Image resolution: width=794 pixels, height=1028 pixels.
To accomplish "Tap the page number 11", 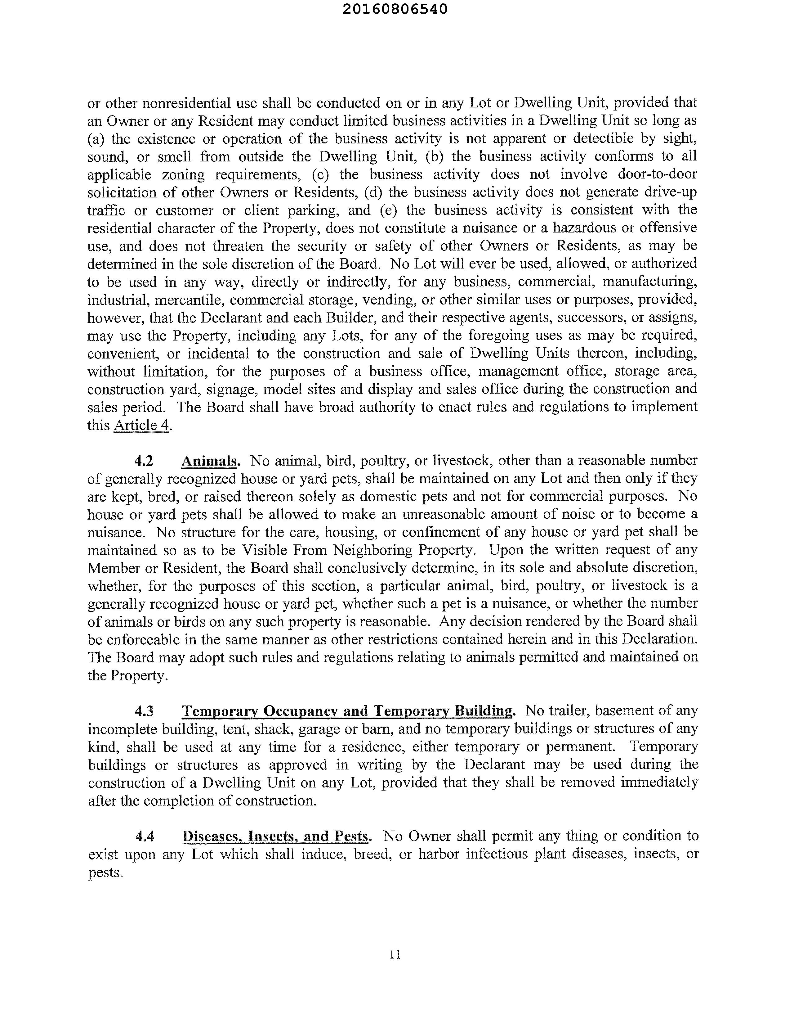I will tap(395, 954).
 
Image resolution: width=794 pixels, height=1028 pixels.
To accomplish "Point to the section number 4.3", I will tap(145, 710).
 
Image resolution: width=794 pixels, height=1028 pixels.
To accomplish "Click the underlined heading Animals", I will tap(210, 461).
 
